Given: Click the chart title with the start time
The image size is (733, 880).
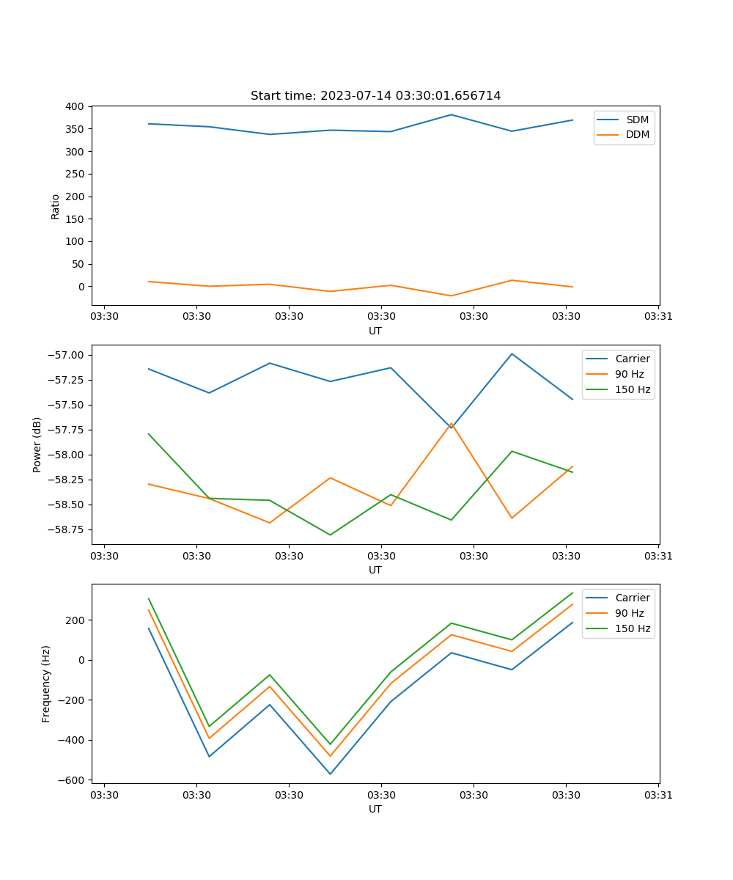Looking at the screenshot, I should [375, 96].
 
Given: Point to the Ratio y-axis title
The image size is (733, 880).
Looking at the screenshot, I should [56, 207].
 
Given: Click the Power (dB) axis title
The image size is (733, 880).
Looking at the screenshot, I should [37, 444].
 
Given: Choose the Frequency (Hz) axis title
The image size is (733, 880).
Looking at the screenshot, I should [46, 683].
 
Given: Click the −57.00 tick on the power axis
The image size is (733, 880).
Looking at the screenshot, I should [65, 356].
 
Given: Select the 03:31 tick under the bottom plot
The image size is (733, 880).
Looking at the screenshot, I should [658, 795].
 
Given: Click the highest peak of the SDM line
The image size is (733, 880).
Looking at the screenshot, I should [451, 114].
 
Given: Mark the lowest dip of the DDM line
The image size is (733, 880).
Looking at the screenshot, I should [451, 296].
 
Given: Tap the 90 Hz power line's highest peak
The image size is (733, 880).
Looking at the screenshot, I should [451, 423].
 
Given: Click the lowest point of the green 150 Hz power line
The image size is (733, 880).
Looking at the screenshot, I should [330, 535].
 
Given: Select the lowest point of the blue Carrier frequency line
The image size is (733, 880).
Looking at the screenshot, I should [330, 774].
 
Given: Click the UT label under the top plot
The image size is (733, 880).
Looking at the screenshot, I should [375, 331].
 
